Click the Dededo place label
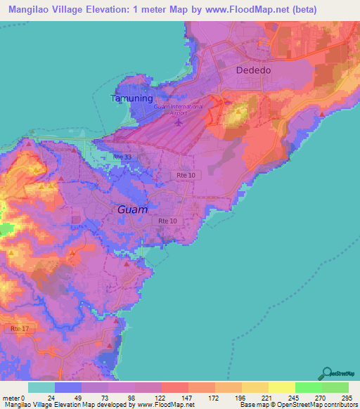(x=254, y=71)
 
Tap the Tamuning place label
(x=131, y=98)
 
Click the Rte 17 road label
(x=20, y=328)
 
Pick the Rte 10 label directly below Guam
(x=169, y=221)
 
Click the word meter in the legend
(x=11, y=398)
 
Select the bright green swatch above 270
(x=308, y=387)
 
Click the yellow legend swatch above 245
(x=281, y=387)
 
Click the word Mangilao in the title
(x=30, y=10)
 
